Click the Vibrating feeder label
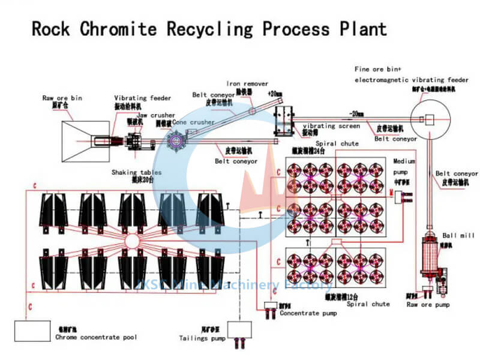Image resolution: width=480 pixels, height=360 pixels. coord(143,98)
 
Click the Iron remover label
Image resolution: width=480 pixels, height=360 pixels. coord(247,84)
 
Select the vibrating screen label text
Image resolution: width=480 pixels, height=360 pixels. coord(331,126)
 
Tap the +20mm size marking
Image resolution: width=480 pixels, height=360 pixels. coord(275,94)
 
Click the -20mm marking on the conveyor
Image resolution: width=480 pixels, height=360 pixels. coord(358,113)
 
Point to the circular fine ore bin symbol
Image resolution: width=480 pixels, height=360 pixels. coord(429,119)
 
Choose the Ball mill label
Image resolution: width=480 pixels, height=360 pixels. coord(458,235)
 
